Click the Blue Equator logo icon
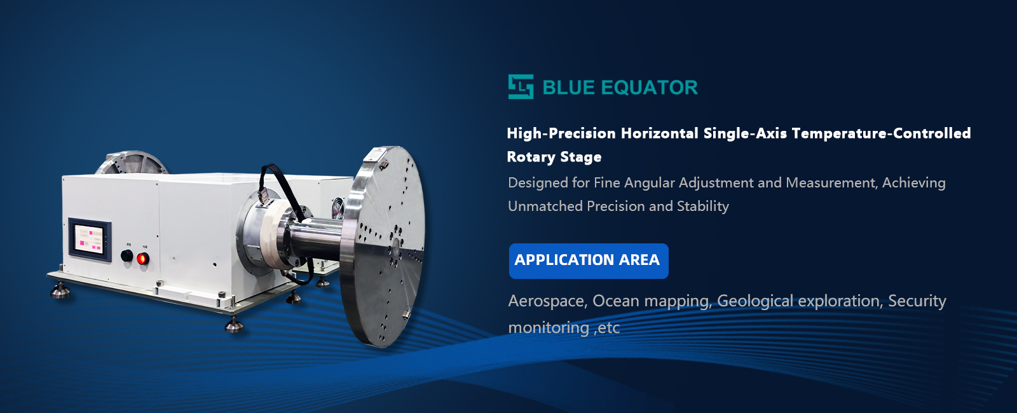[521, 86]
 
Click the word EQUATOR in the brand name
[650, 88]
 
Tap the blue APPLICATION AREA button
[589, 261]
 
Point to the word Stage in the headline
[581, 158]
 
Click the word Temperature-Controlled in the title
[881, 133]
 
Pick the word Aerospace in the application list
[546, 301]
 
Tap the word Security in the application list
[917, 301]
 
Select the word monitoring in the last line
[549, 328]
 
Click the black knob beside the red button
[126, 255]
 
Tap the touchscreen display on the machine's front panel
[90, 239]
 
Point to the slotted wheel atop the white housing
[131, 163]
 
